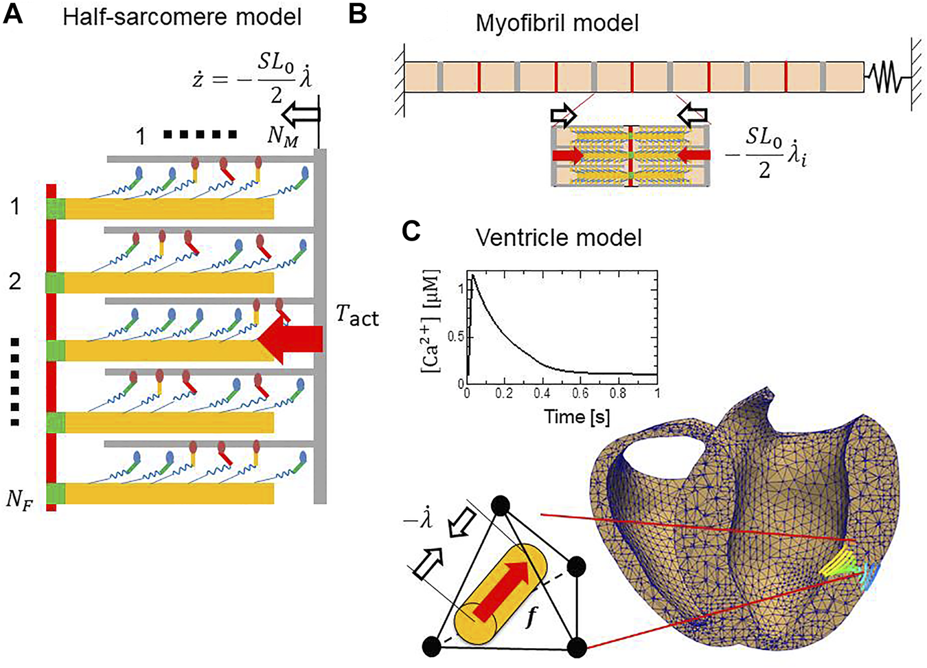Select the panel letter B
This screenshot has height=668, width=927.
357,14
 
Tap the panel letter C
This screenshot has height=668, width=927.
411,231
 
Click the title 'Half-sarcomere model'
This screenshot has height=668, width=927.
182,16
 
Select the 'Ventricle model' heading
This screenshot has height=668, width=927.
558,238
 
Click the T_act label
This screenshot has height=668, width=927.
357,315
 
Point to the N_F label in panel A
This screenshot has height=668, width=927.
19,499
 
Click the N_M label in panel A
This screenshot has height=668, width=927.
283,137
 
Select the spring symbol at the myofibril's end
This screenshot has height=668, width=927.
885,77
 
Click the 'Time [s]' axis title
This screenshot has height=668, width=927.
577,416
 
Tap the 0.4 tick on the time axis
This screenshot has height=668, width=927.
542,394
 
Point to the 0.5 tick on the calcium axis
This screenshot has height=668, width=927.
456,336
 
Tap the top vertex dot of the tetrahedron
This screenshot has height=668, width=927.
501,507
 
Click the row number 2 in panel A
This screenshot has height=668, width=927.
14,280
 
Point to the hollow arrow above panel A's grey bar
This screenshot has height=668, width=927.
303,114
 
